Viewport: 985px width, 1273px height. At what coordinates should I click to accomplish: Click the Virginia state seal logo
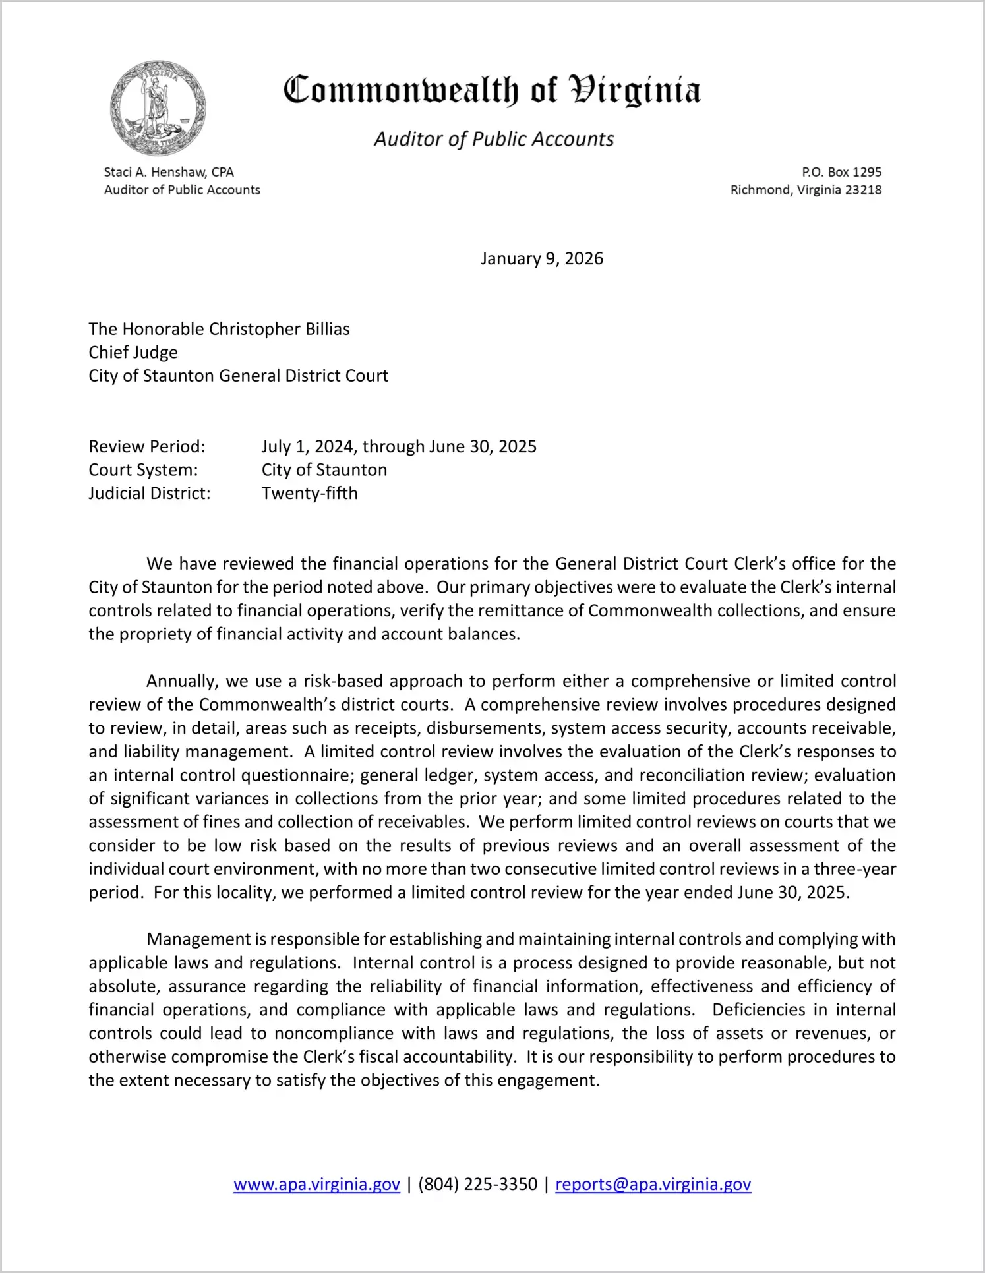click(158, 109)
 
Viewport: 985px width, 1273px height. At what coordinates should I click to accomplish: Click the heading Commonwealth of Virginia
click(492, 90)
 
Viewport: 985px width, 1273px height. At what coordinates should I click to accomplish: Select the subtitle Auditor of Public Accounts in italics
click(494, 139)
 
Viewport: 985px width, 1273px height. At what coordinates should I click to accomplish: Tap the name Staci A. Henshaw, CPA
click(169, 172)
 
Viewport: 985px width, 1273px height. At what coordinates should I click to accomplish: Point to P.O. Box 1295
click(841, 172)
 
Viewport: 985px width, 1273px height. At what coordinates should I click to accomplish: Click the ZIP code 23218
click(863, 190)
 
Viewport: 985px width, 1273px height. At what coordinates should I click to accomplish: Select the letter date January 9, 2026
click(541, 258)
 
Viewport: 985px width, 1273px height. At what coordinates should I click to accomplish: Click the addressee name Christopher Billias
click(279, 329)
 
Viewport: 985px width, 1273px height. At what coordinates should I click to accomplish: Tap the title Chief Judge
click(133, 352)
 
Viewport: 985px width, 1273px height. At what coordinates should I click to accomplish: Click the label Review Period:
click(147, 446)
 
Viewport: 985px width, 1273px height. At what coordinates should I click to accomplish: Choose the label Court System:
click(143, 470)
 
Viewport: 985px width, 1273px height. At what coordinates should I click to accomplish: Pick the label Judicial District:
click(150, 493)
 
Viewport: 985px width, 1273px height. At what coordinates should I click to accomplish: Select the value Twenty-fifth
click(309, 493)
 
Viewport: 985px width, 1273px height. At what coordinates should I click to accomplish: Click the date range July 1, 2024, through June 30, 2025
click(399, 446)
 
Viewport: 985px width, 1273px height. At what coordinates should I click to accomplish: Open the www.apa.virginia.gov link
click(316, 1184)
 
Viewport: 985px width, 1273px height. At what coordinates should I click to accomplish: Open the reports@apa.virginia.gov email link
click(653, 1184)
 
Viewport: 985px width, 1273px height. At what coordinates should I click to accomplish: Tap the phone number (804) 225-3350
click(477, 1184)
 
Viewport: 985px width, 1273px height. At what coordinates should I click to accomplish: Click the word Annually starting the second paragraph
click(181, 681)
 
